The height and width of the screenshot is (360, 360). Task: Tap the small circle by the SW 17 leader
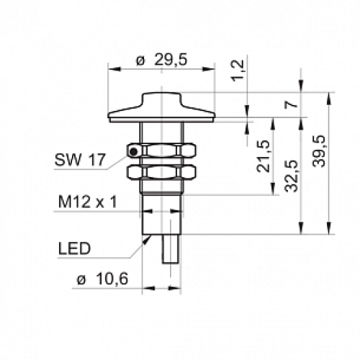coord(133,150)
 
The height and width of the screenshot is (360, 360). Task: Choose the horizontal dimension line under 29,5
coord(161,70)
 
